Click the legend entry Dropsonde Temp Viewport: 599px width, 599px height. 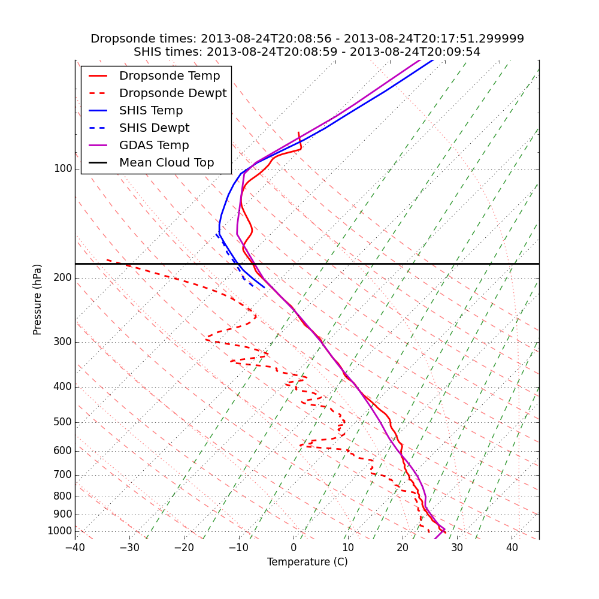click(170, 76)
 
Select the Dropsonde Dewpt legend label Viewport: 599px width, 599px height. click(173, 93)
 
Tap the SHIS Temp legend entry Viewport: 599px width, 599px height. click(151, 111)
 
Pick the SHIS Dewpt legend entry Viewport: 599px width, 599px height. click(154, 128)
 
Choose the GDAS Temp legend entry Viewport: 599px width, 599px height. click(154, 146)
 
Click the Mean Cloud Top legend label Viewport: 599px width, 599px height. click(167, 163)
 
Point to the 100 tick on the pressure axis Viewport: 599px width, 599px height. click(63, 169)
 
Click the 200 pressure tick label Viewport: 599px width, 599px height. click(63, 278)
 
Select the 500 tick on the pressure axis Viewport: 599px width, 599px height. click(63, 422)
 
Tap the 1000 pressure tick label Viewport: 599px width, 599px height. click(60, 531)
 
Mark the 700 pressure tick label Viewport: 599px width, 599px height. click(63, 475)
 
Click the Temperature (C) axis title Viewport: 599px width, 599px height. click(307, 562)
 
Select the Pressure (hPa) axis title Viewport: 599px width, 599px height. click(38, 299)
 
